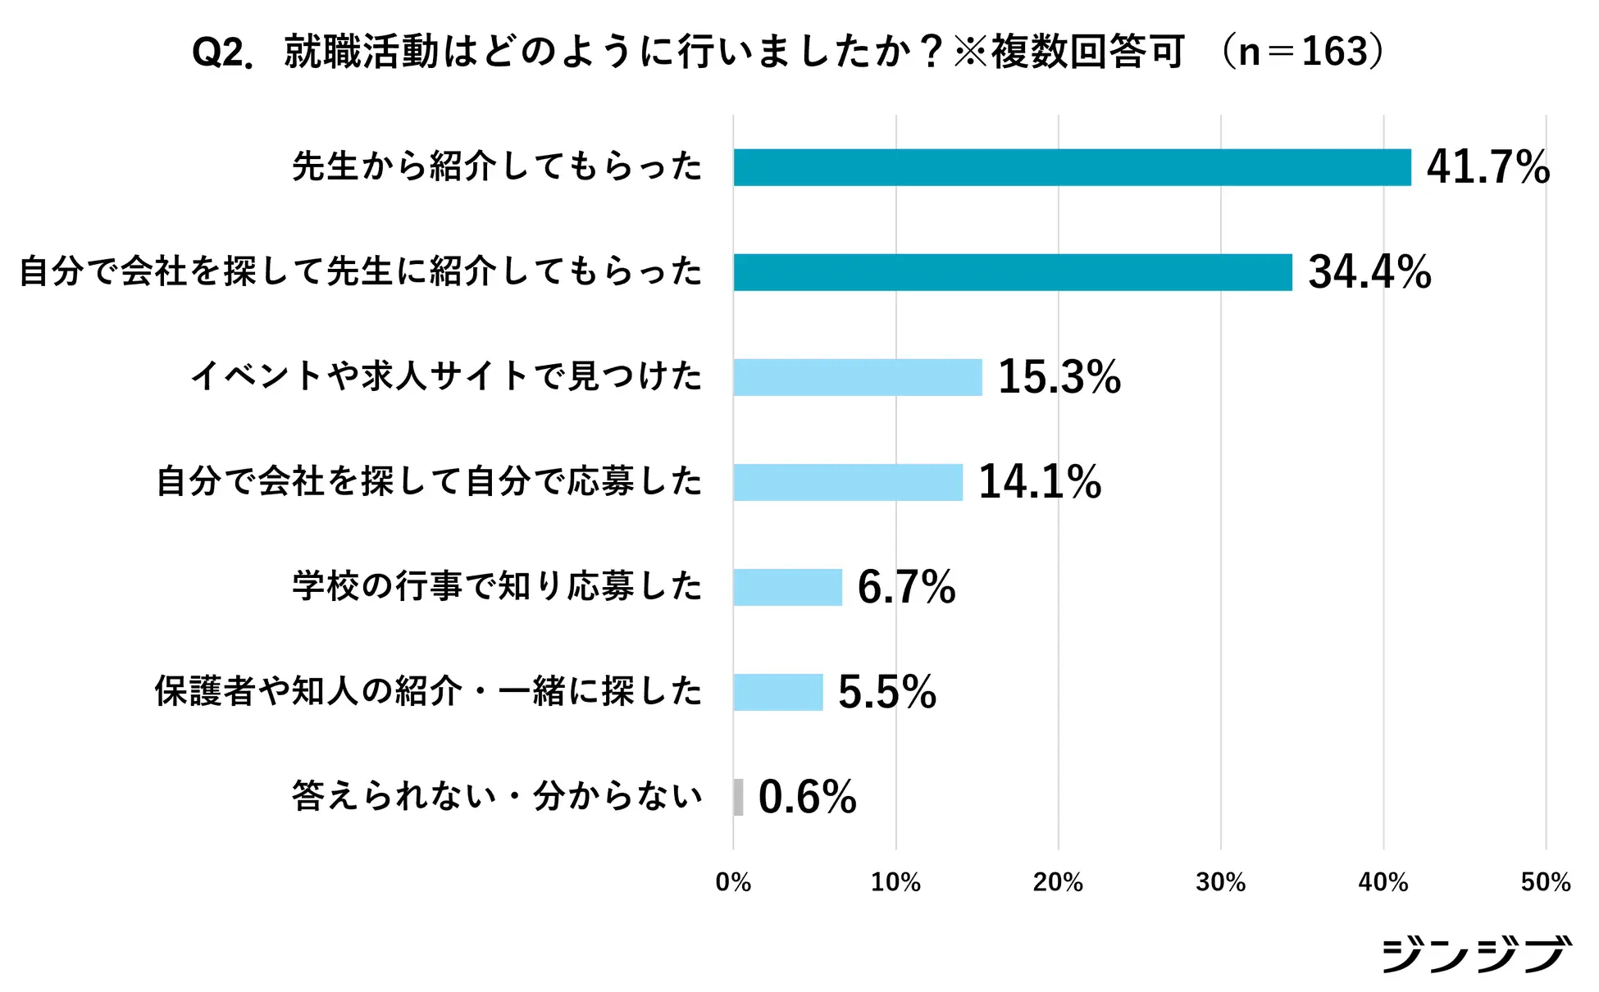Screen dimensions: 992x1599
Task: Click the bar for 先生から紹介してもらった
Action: (x=1072, y=167)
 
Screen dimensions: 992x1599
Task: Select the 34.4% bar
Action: (x=1013, y=272)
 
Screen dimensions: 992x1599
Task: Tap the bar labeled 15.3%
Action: (x=858, y=377)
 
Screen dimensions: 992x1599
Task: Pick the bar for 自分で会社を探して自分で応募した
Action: (x=848, y=482)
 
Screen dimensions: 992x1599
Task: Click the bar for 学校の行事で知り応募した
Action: (x=788, y=587)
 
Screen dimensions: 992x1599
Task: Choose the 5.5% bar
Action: (x=778, y=692)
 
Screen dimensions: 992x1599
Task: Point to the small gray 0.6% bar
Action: (x=739, y=797)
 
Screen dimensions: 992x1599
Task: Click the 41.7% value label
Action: (x=1487, y=167)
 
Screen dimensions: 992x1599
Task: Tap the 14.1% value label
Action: (x=1040, y=482)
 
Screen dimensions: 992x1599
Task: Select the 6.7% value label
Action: (x=906, y=587)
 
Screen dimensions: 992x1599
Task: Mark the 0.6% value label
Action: (x=807, y=797)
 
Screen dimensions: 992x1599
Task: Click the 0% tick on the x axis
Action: (x=733, y=882)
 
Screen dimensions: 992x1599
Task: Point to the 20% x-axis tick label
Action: (x=1058, y=882)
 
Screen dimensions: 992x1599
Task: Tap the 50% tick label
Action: (x=1545, y=882)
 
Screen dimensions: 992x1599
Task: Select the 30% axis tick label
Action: (x=1220, y=882)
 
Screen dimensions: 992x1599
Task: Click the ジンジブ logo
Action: (x=1476, y=954)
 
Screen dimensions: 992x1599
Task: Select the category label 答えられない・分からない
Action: (x=497, y=796)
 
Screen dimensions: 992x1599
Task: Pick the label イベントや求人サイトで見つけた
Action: (x=447, y=376)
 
